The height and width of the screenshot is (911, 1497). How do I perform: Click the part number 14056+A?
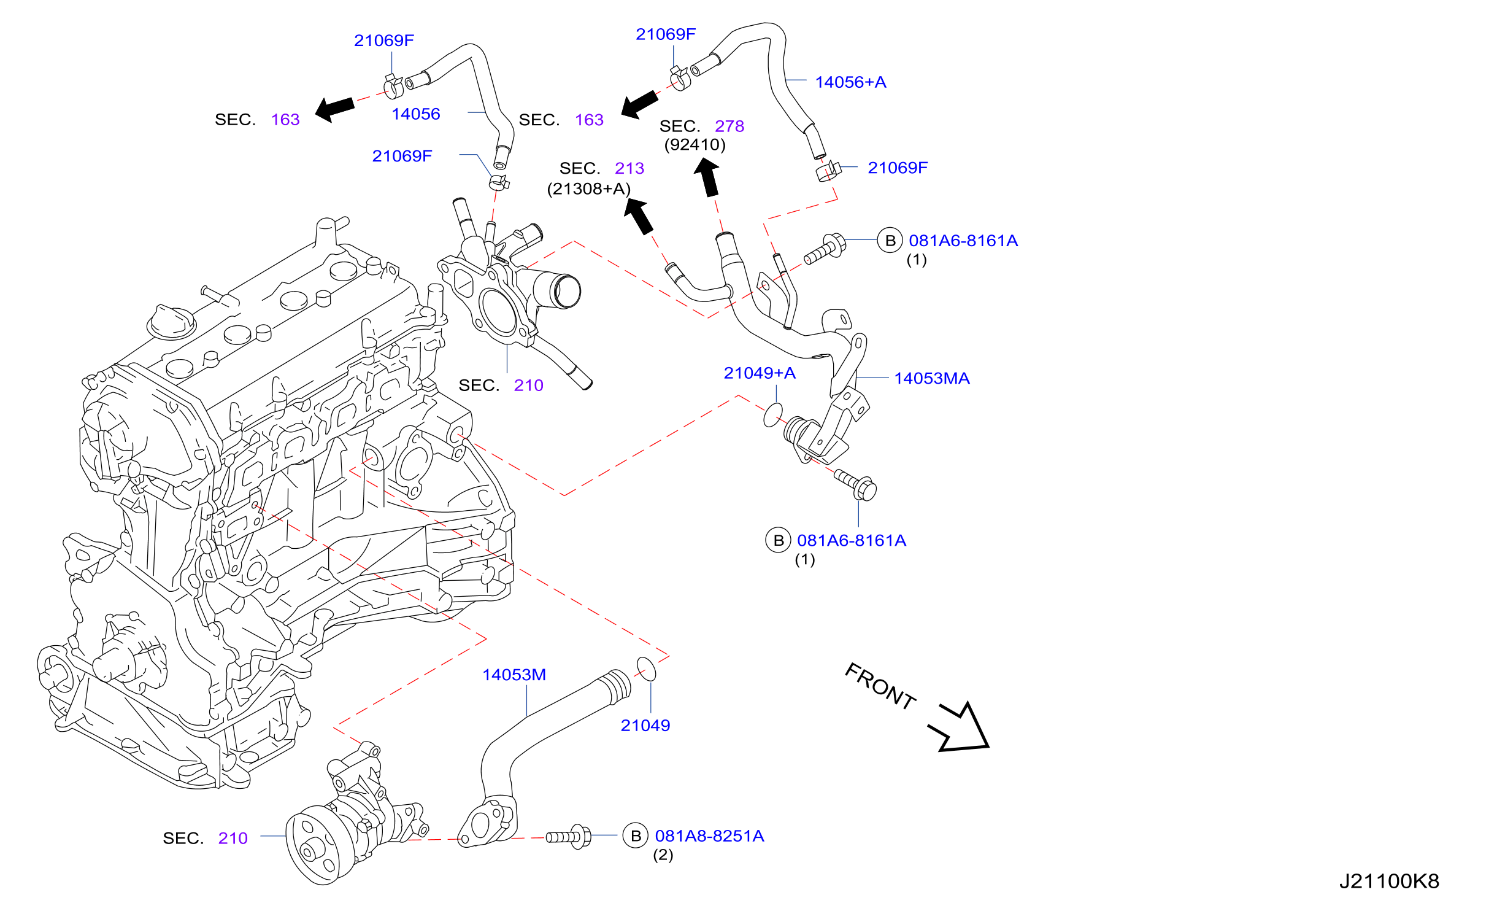850,82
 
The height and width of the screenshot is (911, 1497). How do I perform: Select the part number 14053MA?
932,378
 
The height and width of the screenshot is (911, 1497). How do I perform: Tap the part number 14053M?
514,675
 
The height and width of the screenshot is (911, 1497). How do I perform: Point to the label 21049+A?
760,373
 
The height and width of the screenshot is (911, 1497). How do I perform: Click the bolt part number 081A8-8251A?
709,835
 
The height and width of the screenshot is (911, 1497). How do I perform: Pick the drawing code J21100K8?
1389,881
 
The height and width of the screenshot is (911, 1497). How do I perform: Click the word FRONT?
880,686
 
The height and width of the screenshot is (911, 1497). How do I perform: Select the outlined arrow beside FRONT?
960,729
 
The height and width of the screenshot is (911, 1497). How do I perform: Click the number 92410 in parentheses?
695,145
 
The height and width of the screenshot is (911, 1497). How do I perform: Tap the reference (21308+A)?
589,188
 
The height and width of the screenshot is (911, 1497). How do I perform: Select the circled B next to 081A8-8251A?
636,835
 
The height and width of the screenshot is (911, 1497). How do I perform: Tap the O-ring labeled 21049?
646,669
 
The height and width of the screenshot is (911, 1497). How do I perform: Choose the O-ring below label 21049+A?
773,415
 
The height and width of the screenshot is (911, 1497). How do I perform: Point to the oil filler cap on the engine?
171,321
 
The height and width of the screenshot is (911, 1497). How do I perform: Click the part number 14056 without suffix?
416,114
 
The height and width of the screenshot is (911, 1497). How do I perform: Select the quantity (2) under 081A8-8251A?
663,855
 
